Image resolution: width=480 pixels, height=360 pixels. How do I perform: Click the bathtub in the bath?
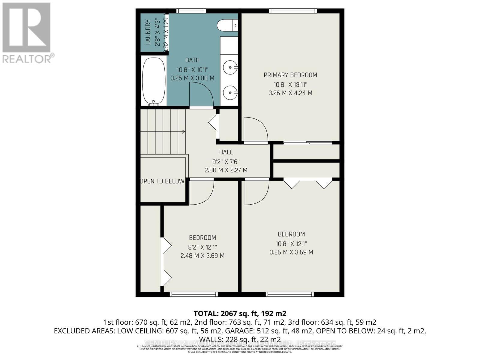coord(154,81)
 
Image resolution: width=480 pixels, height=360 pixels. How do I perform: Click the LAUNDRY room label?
coord(148,32)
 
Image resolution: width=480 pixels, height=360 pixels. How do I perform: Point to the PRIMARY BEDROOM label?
coord(290,75)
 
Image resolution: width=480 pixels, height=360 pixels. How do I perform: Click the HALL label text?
coord(226,152)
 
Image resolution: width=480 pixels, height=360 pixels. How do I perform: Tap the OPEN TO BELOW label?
coord(162,181)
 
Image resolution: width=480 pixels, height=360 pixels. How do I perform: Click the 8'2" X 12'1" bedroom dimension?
coord(202,247)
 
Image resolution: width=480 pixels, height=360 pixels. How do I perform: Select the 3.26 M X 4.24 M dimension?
coord(290,93)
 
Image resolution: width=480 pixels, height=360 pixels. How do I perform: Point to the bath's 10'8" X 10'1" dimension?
coord(192,70)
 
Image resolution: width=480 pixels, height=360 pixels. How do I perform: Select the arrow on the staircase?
coord(182,132)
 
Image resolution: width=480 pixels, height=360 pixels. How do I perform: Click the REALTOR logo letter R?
coord(26,28)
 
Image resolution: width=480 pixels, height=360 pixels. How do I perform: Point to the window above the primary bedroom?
coord(293,11)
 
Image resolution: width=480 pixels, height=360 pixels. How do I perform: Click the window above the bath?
coord(191,11)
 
